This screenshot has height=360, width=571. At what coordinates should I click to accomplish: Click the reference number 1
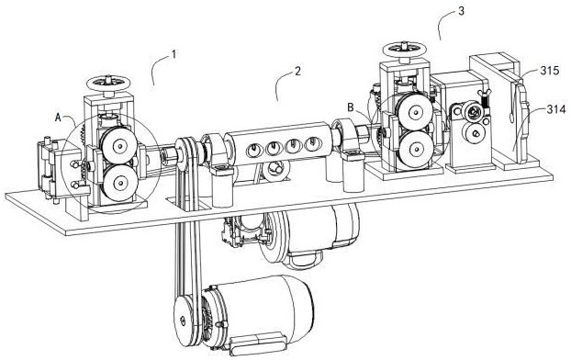174,55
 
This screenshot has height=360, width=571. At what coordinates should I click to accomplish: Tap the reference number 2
297,71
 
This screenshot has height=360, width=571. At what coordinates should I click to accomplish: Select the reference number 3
461,11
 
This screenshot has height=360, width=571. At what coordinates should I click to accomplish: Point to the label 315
550,71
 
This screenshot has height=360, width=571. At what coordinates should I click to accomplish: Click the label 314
556,109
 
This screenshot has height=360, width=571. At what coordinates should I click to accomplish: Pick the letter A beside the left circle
58,118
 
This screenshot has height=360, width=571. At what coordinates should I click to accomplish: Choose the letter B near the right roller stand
351,107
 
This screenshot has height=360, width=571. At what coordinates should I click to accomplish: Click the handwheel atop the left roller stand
109,83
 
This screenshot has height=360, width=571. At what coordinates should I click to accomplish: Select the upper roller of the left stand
117,145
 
